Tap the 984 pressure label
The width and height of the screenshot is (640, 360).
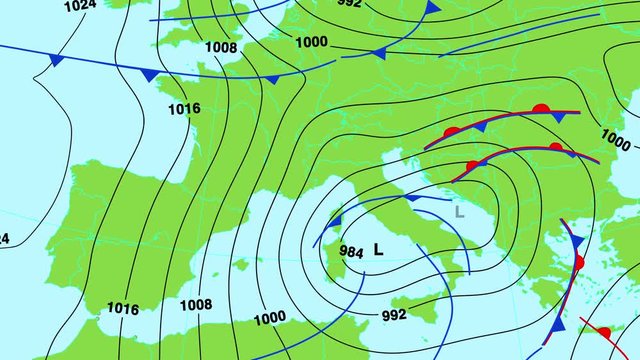[x=351, y=251]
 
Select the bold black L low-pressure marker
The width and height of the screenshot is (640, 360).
[x=378, y=250]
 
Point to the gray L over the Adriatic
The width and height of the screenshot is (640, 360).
[x=459, y=211]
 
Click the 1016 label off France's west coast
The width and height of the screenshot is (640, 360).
[x=184, y=108]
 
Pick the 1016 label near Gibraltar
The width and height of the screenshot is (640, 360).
[x=122, y=308]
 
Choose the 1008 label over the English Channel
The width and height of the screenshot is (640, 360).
[x=221, y=46]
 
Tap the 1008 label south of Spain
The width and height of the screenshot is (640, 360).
[x=196, y=305]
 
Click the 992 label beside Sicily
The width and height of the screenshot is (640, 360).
[x=394, y=315]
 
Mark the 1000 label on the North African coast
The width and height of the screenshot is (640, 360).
[x=269, y=318]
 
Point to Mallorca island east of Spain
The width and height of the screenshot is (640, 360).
[x=240, y=265]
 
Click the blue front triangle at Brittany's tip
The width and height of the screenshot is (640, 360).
[x=149, y=75]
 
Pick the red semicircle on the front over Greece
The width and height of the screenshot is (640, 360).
[x=578, y=263]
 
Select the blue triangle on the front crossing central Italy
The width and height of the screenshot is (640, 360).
[x=411, y=199]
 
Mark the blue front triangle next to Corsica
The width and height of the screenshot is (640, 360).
[x=336, y=220]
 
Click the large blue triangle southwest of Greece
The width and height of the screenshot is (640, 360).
[x=558, y=325]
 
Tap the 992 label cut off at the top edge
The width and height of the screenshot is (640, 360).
[x=350, y=4]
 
